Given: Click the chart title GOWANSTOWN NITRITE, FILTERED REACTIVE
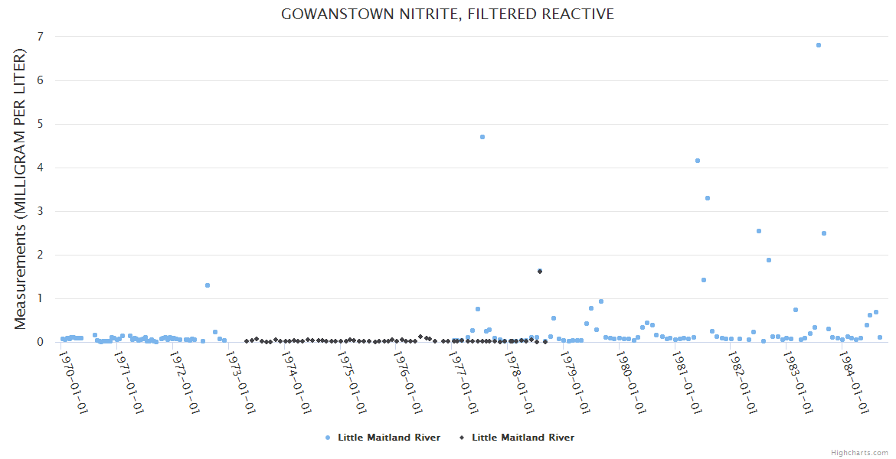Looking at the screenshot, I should [x=447, y=15].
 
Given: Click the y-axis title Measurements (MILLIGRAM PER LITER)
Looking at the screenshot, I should [x=20, y=189].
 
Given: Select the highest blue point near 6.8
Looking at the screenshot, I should [x=819, y=45].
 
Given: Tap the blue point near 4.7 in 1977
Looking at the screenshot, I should [x=482, y=137].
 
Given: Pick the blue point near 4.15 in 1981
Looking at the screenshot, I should [x=698, y=161].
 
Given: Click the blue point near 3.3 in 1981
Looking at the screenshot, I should [x=708, y=198].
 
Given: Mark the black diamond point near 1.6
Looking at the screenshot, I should [x=540, y=272].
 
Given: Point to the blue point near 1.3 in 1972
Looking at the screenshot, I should [x=208, y=285].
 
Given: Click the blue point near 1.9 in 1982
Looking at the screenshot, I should [x=769, y=260].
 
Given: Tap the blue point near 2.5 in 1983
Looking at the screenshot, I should [x=824, y=233].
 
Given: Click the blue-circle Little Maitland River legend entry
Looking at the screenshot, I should [x=383, y=438].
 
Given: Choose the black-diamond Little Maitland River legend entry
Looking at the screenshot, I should [x=516, y=438].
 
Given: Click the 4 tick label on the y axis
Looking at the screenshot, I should [x=40, y=168].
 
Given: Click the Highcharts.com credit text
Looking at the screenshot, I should [x=859, y=453].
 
